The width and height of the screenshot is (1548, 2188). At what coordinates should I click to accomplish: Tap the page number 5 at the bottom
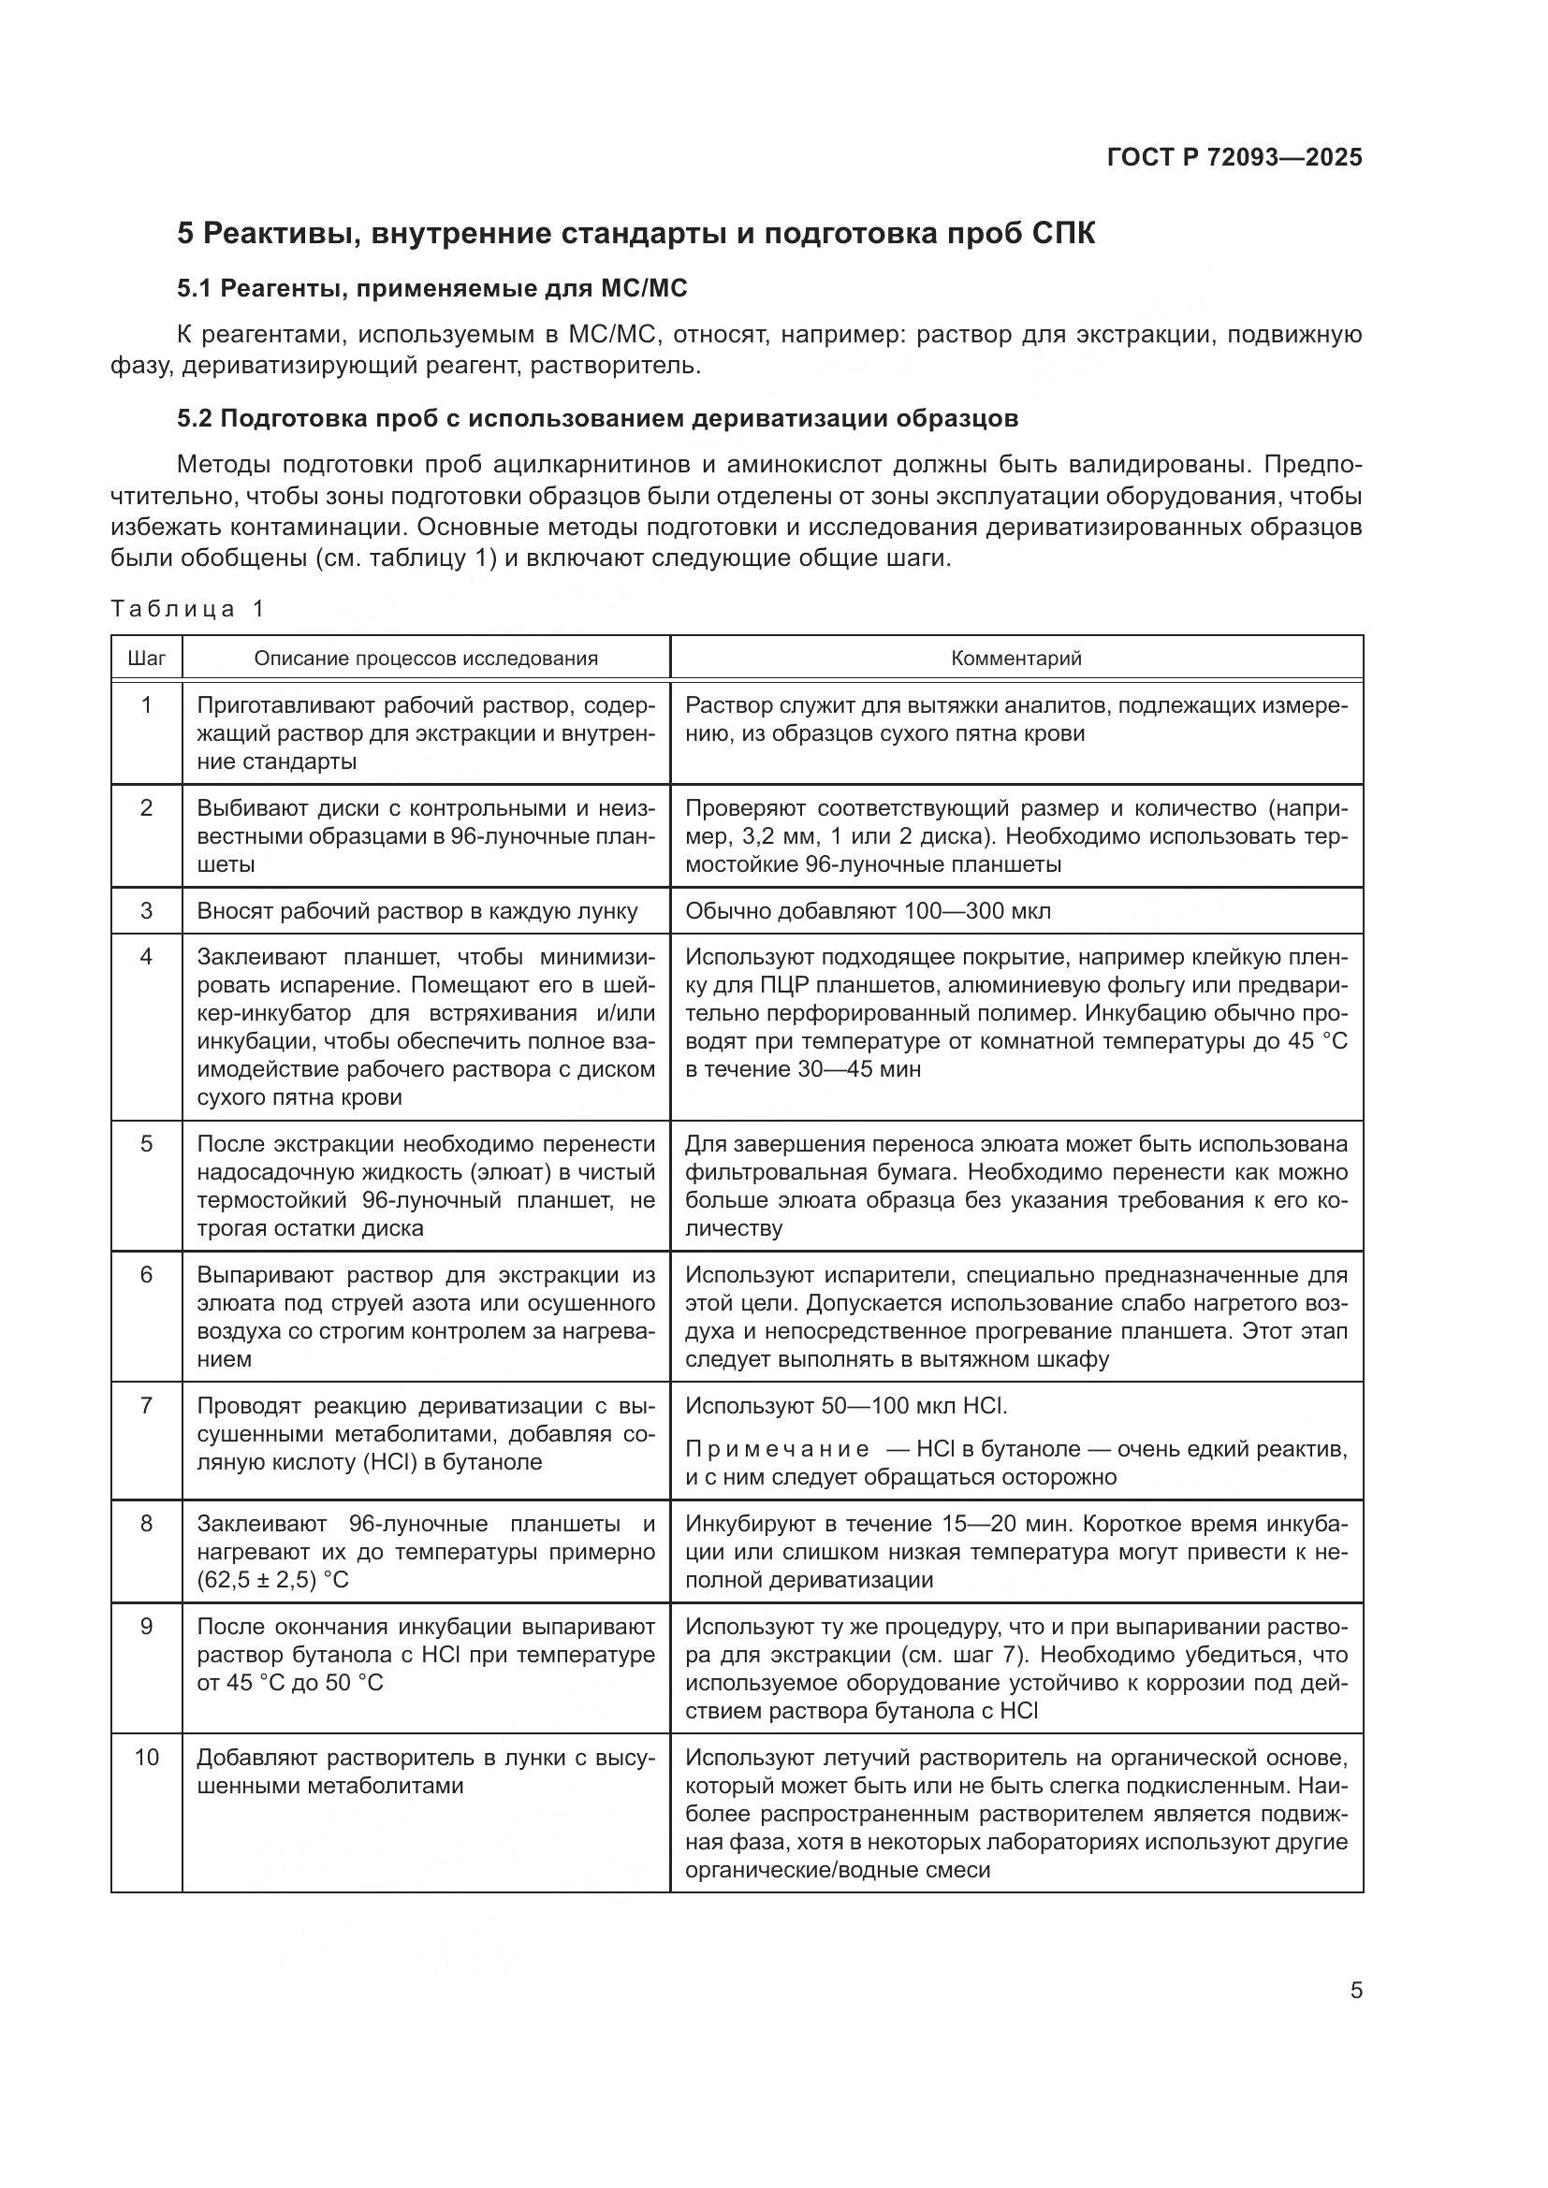coord(1355,1990)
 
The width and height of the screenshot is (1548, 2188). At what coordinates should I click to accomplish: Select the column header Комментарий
coord(1015,658)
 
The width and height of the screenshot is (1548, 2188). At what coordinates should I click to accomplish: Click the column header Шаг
coord(146,658)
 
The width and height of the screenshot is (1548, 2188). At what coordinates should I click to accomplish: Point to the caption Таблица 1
coord(187,609)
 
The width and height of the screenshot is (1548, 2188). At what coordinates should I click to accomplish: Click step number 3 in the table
coord(146,910)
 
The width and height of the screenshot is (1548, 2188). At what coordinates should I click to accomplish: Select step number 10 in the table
coord(146,1757)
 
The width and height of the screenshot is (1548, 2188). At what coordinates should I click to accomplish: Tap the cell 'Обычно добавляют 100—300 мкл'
coord(868,910)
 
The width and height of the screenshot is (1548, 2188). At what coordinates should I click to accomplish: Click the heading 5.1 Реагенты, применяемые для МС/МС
coord(431,288)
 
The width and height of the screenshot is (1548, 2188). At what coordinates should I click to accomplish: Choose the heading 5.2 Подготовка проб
coord(597,418)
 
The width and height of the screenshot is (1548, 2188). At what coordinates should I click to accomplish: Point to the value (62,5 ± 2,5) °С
coord(273,1579)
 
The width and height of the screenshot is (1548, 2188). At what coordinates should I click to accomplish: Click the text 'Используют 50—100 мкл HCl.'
coord(845,1406)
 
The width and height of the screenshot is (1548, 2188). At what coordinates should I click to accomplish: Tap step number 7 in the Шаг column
coord(146,1406)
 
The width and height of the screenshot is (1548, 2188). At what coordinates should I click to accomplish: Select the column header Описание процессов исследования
coord(425,658)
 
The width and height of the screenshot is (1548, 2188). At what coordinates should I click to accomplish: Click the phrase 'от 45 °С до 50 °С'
coord(290,1682)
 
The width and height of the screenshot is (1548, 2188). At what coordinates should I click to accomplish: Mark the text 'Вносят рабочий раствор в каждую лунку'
coord(416,910)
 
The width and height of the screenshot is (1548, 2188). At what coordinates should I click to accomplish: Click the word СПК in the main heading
coord(1063,234)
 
